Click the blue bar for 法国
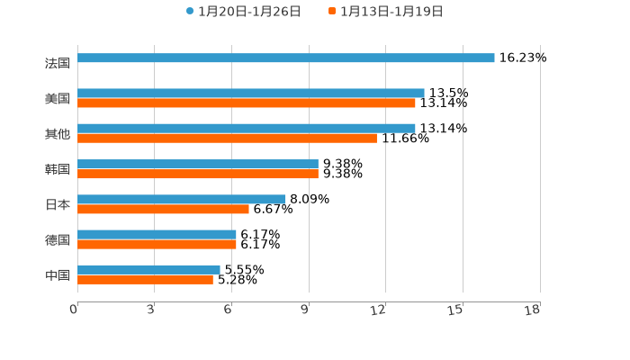tap(286, 58)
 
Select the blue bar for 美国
tap(251, 94)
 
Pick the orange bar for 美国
tap(247, 103)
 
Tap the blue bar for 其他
tap(247, 129)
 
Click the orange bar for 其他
tap(227, 139)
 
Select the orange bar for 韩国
tap(198, 174)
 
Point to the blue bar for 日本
tap(182, 200)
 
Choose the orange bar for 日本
tap(163, 210)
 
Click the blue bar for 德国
tap(157, 235)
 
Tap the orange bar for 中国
tap(145, 280)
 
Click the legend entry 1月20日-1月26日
tap(243, 12)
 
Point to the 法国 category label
tap(58, 63)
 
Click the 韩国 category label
tap(58, 169)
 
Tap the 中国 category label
tap(58, 274)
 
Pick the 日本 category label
tap(58, 204)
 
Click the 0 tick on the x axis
tap(74, 310)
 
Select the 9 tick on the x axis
tap(306, 310)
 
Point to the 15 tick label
tap(456, 310)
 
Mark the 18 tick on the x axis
tap(533, 310)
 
